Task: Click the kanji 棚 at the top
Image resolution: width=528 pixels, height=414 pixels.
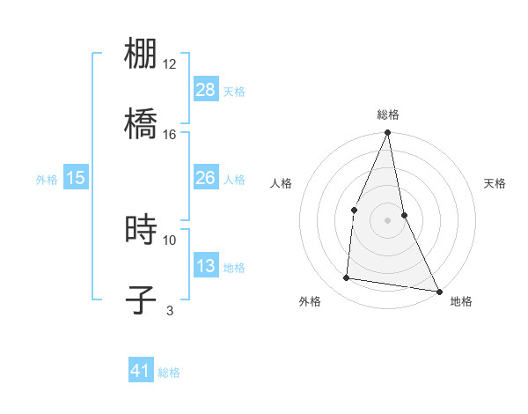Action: pos(141,54)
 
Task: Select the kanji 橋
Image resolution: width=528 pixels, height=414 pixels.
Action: pos(141,123)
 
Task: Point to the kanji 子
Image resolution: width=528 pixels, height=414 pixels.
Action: pos(141,299)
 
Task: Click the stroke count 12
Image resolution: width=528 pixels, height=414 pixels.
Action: pos(170,64)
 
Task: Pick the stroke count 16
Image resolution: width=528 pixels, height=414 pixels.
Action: pos(170,134)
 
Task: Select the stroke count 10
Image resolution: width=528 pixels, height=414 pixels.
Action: pos(170,240)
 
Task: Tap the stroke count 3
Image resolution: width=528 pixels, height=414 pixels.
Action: pos(170,310)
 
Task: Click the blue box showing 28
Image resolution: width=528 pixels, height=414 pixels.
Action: pos(206,90)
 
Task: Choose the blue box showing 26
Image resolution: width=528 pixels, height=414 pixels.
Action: pos(206,178)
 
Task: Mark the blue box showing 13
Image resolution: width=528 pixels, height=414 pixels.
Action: pos(206,266)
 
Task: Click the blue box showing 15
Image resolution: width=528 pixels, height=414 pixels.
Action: pos(76,178)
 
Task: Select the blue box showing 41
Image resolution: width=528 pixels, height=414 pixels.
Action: pos(141,372)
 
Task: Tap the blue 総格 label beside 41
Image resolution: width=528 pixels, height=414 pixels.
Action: pos(169,373)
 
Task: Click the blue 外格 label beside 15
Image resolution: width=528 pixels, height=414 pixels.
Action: pos(47,179)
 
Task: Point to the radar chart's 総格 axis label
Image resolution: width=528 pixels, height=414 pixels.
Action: pos(387,115)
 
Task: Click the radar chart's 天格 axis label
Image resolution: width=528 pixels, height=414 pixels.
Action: pos(495,183)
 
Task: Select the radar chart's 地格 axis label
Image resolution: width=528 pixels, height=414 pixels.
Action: pos(461,301)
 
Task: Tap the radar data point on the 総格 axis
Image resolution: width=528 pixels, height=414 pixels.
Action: pos(387,133)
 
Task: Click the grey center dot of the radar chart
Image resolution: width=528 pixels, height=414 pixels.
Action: pos(387,219)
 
